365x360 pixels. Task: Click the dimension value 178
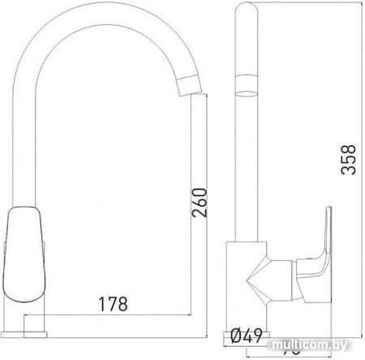tap(114, 304)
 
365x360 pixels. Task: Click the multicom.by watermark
tap(317, 348)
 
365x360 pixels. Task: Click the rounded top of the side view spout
tap(246, 10)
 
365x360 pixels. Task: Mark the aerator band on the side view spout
tap(246, 82)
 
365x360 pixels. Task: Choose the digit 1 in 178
tap(101, 304)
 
